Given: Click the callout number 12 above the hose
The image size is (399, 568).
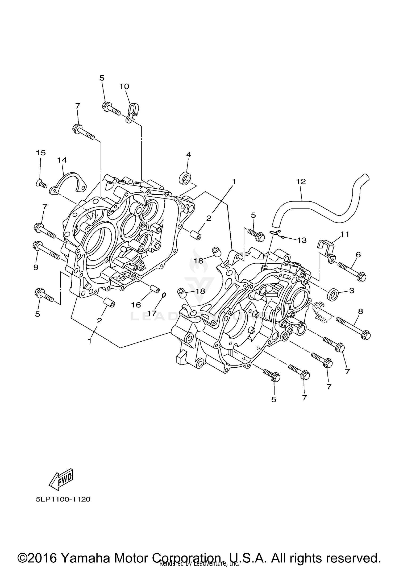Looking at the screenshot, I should point(301,181).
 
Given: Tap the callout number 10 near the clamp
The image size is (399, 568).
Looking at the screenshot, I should point(124,86).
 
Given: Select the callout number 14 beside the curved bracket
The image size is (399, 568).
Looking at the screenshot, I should point(62,160).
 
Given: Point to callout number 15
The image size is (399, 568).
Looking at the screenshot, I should point(41,153).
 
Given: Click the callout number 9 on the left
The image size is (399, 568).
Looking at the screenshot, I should point(36,267).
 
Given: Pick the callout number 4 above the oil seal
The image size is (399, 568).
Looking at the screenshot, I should point(188,154).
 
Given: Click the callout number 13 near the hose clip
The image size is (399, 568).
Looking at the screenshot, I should point(302,240).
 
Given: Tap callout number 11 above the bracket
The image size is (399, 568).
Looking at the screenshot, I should point(345,234).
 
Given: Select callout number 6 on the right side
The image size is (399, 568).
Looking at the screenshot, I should point(358,255).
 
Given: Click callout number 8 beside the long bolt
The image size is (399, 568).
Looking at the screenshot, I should point(360,311).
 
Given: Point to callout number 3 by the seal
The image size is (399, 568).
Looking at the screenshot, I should point(352,291).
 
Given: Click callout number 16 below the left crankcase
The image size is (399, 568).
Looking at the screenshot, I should point(136,305).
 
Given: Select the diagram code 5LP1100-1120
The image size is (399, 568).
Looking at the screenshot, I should point(63,499).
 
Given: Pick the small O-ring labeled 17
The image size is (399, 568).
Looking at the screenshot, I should point(164,295).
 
